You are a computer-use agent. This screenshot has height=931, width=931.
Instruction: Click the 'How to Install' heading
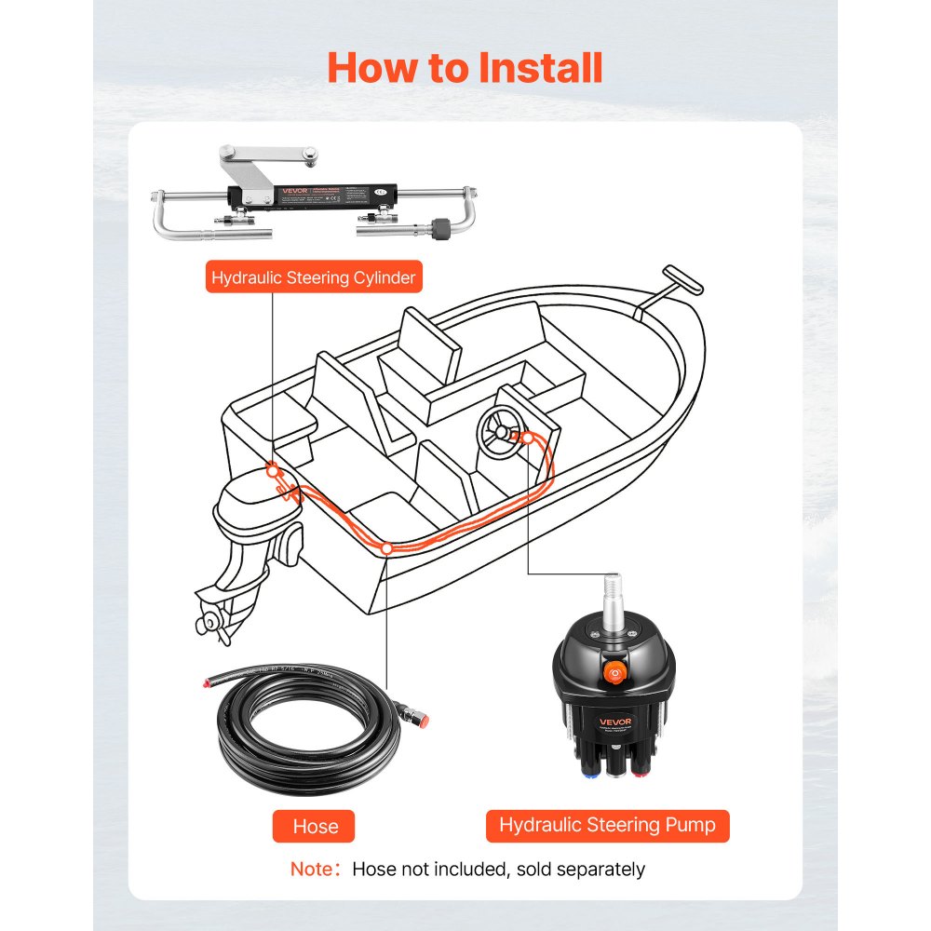(465, 69)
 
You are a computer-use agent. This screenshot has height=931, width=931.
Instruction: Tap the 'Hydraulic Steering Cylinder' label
(313, 277)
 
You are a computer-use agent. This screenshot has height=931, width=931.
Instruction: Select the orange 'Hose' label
(316, 825)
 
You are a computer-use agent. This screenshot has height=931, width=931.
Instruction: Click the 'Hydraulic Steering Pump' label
(607, 824)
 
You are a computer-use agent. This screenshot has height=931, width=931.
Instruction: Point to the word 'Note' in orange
(310, 870)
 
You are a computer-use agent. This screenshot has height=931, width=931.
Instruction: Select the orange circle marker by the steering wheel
(527, 437)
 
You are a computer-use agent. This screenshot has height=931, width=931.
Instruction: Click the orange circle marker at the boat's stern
(271, 469)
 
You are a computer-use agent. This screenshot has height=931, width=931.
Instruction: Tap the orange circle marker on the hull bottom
(386, 549)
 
